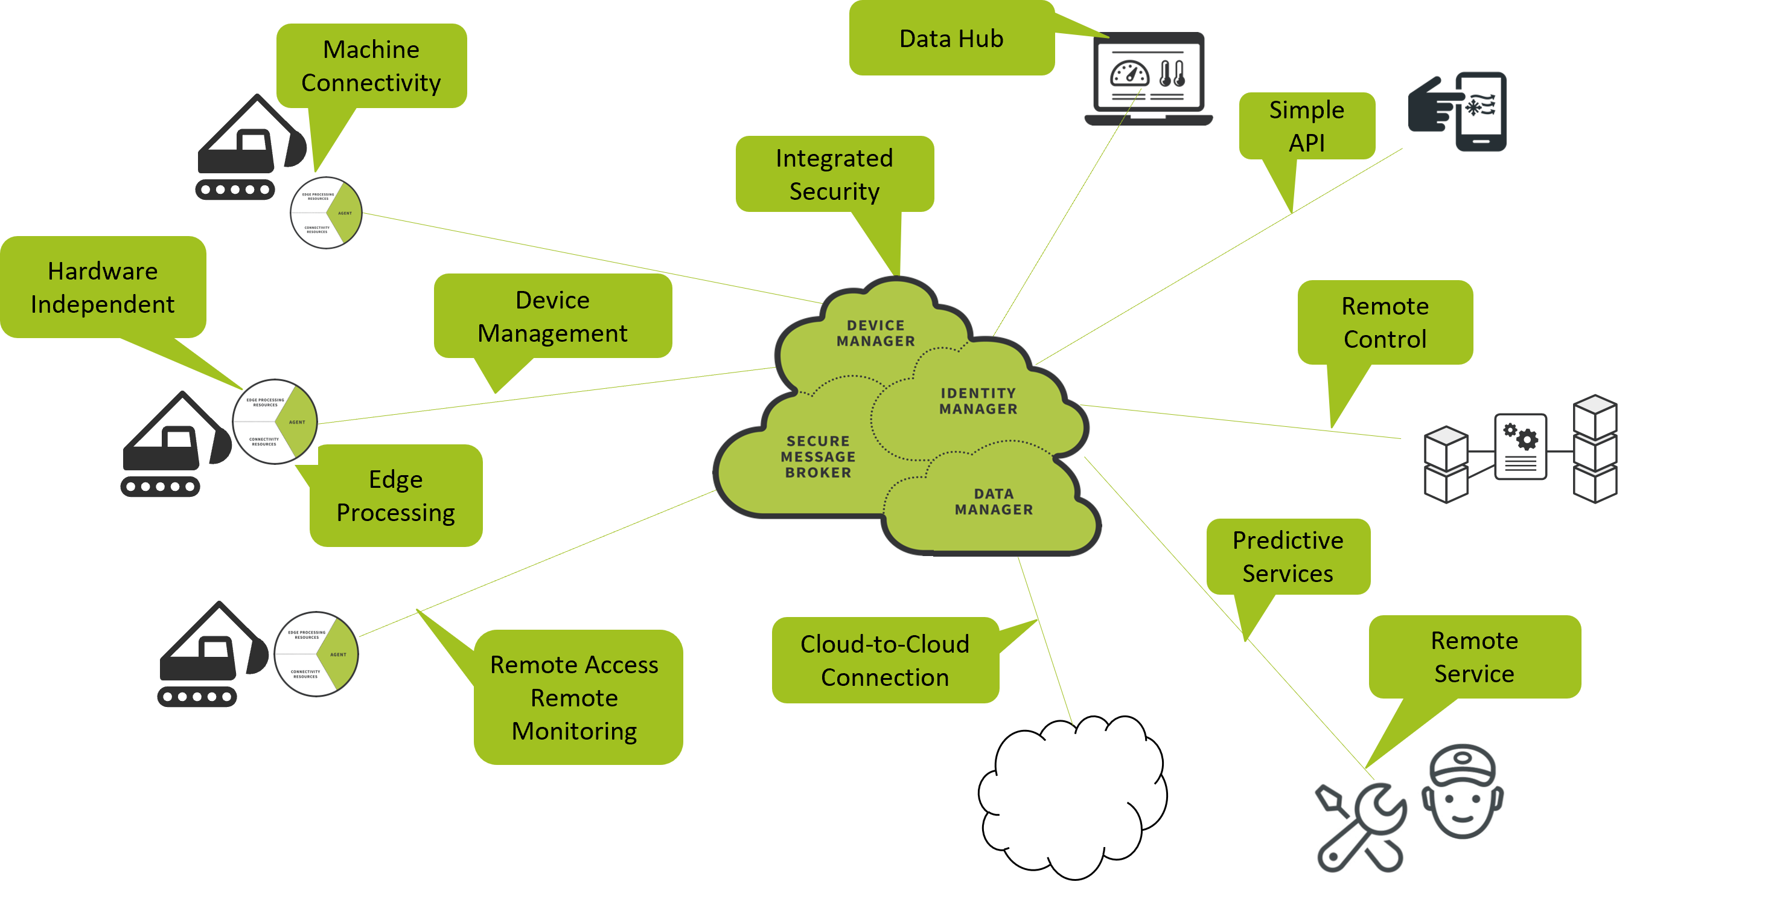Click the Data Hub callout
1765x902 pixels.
[951, 39]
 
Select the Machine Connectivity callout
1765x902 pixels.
[371, 66]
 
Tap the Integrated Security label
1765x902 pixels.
[834, 174]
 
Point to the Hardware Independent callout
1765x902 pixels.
[103, 287]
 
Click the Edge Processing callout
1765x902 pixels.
[395, 496]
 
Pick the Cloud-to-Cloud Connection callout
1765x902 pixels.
[884, 660]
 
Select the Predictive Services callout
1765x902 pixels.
[1288, 557]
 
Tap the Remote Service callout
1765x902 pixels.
[1474, 657]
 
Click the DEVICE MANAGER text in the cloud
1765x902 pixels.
[876, 333]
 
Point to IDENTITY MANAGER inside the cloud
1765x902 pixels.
[978, 401]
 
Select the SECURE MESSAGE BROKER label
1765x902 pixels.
[818, 456]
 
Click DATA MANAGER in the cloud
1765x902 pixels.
[994, 502]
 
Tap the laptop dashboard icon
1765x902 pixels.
[1148, 79]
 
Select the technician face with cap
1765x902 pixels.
[1462, 792]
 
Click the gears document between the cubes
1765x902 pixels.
[1521, 447]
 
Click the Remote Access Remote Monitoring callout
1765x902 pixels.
[574, 697]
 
